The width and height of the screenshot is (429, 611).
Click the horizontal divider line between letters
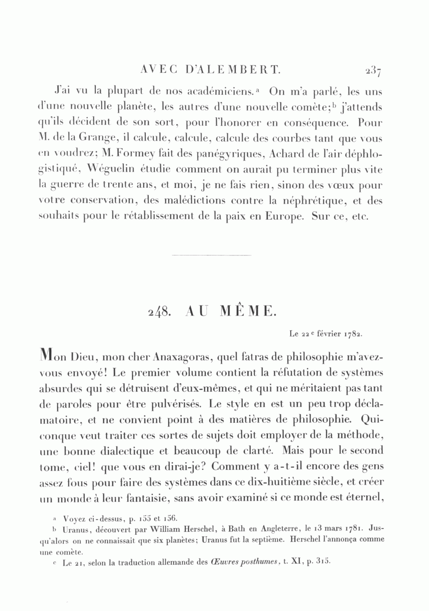tap(211, 255)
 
